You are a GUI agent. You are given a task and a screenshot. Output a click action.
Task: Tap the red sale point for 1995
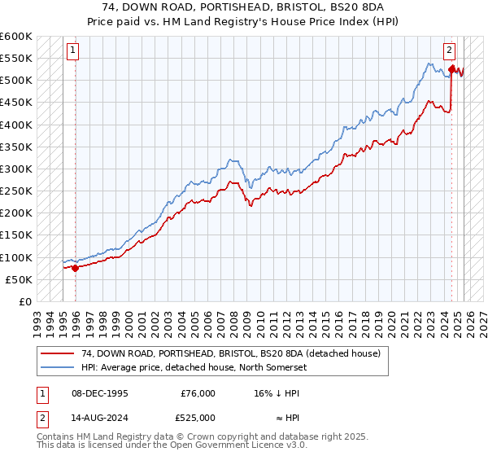76,267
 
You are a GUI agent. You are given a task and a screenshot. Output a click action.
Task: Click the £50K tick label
20,279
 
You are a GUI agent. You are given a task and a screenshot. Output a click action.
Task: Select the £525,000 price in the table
198,418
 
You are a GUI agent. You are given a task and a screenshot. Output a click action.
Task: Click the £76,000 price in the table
198,392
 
